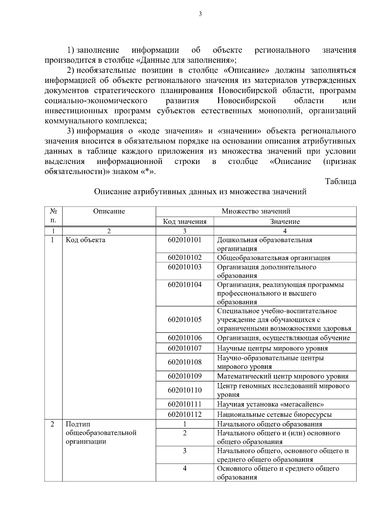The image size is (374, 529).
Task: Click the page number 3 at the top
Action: (x=200, y=14)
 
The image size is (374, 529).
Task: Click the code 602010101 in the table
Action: (x=185, y=240)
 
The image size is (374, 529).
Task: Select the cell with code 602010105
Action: (x=185, y=320)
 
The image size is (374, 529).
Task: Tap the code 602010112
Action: (x=185, y=414)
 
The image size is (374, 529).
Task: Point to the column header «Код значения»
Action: (x=185, y=222)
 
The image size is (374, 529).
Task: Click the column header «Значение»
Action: (x=285, y=222)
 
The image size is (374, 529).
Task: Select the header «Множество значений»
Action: (x=256, y=211)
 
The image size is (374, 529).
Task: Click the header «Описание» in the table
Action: (x=109, y=211)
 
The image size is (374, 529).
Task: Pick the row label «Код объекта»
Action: (x=85, y=240)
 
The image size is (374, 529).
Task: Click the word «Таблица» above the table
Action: (x=340, y=181)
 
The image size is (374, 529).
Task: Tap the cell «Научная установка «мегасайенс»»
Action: (x=270, y=404)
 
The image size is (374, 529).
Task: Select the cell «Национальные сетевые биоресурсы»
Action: (x=274, y=414)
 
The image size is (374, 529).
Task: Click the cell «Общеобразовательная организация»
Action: (x=273, y=258)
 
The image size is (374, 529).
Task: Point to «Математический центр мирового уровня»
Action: (x=282, y=376)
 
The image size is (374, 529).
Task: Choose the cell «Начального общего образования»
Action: (x=269, y=424)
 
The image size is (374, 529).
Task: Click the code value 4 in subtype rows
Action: (x=185, y=469)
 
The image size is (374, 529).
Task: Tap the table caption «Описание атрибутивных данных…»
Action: (x=200, y=192)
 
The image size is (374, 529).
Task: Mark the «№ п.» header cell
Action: (x=53, y=216)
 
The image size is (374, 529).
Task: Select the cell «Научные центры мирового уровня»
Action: (x=272, y=348)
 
